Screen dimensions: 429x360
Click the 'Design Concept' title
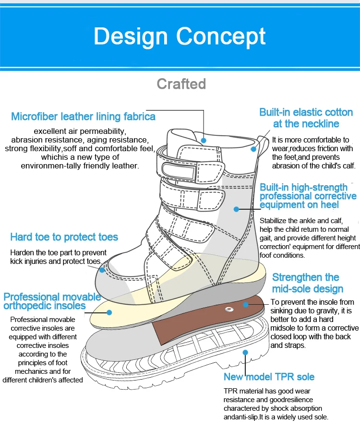click(x=180, y=36)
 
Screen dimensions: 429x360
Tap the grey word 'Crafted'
click(x=181, y=84)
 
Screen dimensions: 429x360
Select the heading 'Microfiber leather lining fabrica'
click(x=83, y=117)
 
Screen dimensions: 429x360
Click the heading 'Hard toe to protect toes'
click(x=64, y=237)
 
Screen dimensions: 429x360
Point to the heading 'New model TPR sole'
click(x=269, y=377)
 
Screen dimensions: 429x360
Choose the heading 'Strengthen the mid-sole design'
click(x=307, y=283)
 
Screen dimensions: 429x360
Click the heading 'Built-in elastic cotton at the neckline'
click(x=306, y=118)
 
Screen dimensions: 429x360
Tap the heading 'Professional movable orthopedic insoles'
click(x=52, y=301)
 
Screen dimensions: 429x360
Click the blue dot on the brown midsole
click(x=245, y=304)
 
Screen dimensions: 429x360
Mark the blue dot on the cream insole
click(x=109, y=312)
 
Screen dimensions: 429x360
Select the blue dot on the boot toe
click(x=102, y=270)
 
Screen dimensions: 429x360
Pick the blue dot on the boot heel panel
click(x=236, y=209)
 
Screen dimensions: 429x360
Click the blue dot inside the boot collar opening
click(x=204, y=141)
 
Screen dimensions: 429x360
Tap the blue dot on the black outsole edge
click(x=245, y=352)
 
